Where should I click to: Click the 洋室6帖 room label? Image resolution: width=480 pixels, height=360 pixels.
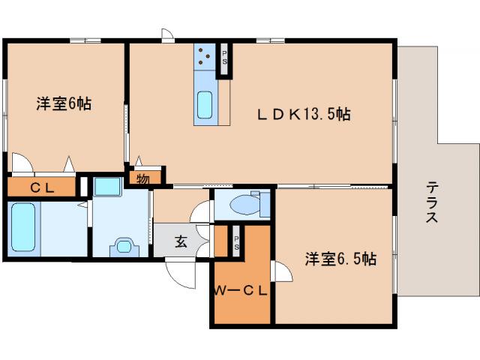point(64,104)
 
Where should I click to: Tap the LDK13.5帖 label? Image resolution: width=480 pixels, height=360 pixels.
point(304,114)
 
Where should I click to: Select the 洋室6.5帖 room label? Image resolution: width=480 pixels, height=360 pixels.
point(340,259)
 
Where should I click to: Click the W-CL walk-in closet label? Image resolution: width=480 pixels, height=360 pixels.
point(239,291)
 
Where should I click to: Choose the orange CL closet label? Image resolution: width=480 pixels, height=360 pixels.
point(41,187)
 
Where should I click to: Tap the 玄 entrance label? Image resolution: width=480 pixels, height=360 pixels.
point(181,241)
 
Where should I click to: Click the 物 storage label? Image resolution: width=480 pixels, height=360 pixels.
point(142,179)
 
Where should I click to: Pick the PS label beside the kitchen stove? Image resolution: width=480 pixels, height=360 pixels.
point(225,58)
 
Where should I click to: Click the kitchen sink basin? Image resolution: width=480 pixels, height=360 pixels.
point(205,105)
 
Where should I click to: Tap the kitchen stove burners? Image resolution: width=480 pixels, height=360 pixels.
point(205,56)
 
